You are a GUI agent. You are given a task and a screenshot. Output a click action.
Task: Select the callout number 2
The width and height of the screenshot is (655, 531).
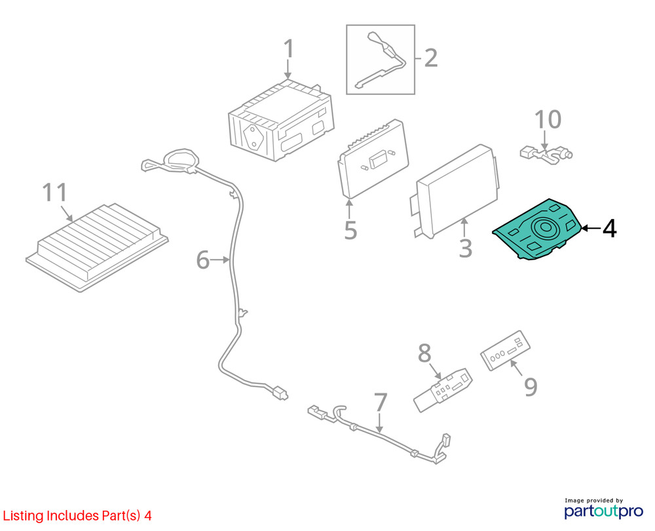(430, 58)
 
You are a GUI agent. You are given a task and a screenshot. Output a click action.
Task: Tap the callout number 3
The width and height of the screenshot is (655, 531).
(465, 248)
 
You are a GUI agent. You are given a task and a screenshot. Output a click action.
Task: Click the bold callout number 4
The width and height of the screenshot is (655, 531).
(609, 229)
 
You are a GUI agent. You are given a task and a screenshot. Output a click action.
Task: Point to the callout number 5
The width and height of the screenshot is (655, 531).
(350, 230)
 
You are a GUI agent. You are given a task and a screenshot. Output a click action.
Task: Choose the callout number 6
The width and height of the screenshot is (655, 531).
(204, 261)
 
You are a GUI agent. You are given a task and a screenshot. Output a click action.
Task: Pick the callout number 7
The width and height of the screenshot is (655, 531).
(381, 403)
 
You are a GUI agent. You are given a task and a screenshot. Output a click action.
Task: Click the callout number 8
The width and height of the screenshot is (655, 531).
(424, 354)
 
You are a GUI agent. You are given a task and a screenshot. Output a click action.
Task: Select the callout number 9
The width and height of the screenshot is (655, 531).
(530, 387)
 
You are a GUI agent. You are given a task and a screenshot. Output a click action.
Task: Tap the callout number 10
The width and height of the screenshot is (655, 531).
(548, 120)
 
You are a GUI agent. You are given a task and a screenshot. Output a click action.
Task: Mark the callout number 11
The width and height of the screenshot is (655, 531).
(55, 193)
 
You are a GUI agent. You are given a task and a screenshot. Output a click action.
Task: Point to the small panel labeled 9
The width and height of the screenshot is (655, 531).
(505, 351)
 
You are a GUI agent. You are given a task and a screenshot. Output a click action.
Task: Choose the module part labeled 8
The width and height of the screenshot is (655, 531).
(443, 389)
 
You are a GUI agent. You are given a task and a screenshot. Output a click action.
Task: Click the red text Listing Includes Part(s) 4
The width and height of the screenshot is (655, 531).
(77, 516)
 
